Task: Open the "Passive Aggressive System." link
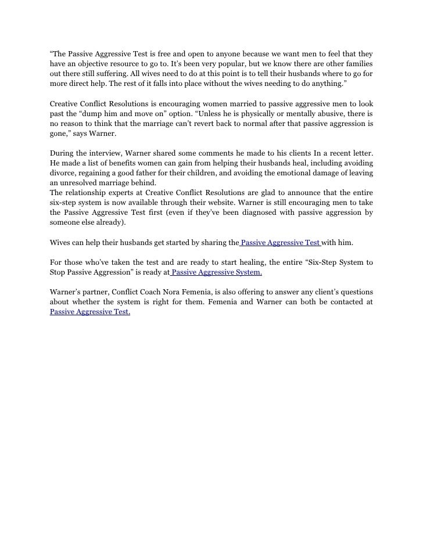216,272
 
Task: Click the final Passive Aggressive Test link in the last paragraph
89,312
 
